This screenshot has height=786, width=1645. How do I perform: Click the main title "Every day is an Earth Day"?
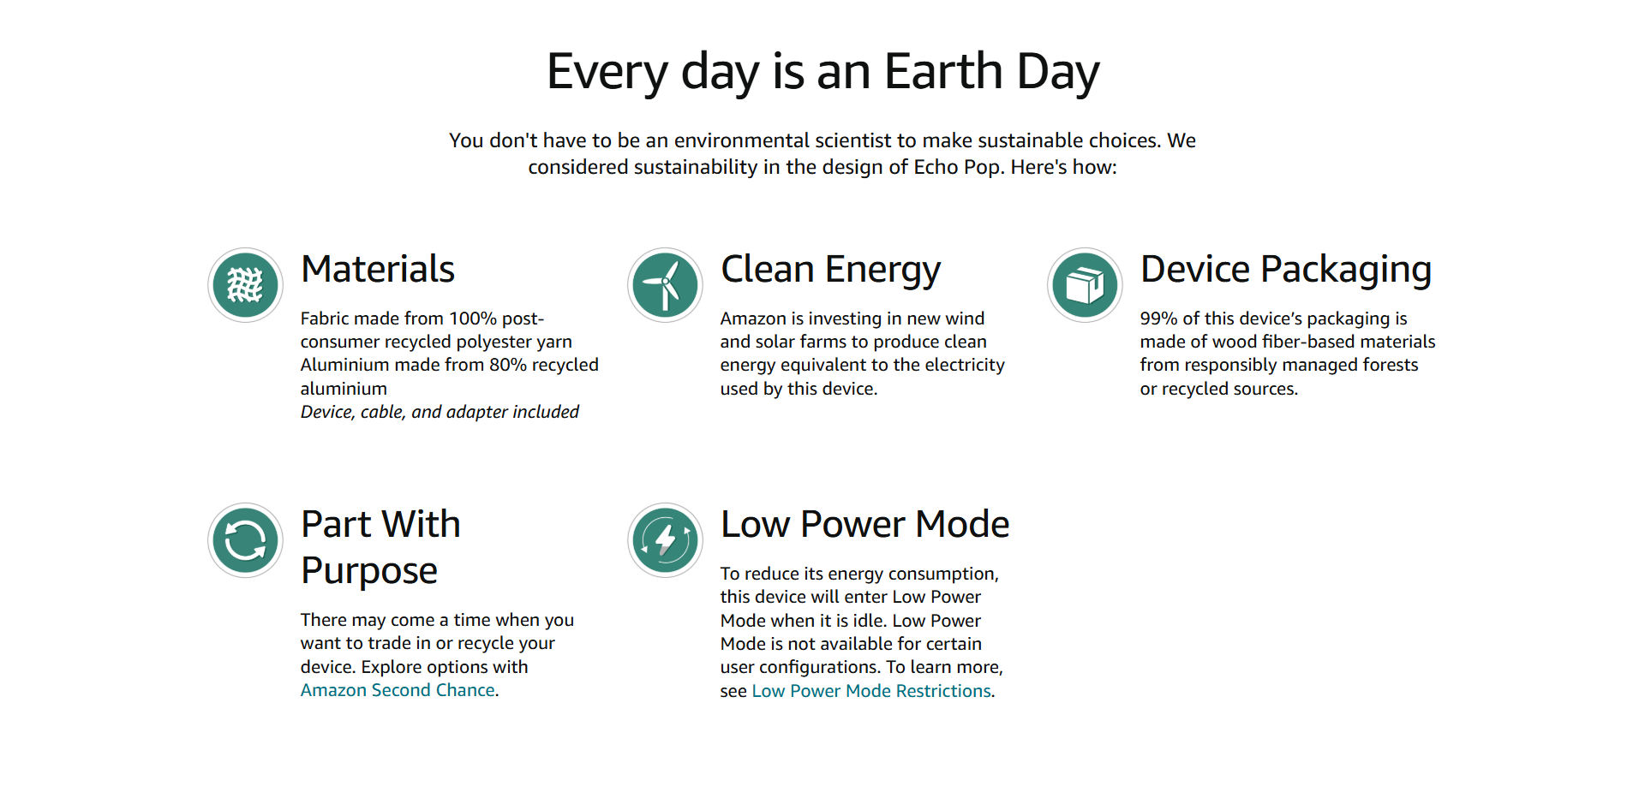pyautogui.click(x=822, y=72)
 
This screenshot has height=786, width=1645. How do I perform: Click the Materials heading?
pyautogui.click(x=378, y=269)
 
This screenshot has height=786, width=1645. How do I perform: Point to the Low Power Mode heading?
pyautogui.click(x=865, y=524)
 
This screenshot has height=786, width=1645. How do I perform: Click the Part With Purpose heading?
pyautogui.click(x=381, y=548)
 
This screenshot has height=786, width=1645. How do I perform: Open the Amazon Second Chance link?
pyautogui.click(x=398, y=690)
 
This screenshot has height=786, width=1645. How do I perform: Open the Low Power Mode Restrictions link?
pyautogui.click(x=871, y=691)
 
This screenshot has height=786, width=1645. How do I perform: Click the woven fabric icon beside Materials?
pyautogui.click(x=246, y=285)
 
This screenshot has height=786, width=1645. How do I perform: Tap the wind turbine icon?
pyautogui.click(x=666, y=285)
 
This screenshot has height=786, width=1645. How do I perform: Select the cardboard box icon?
pyautogui.click(x=1086, y=285)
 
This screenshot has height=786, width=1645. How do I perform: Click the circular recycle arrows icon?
pyautogui.click(x=246, y=540)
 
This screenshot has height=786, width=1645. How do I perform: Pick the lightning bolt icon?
pyautogui.click(x=666, y=540)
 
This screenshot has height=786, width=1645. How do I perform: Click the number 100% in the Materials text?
pyautogui.click(x=473, y=319)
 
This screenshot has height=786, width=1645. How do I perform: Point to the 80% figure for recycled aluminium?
pyautogui.click(x=508, y=365)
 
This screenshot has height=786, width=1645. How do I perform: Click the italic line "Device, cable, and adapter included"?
pyautogui.click(x=440, y=412)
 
